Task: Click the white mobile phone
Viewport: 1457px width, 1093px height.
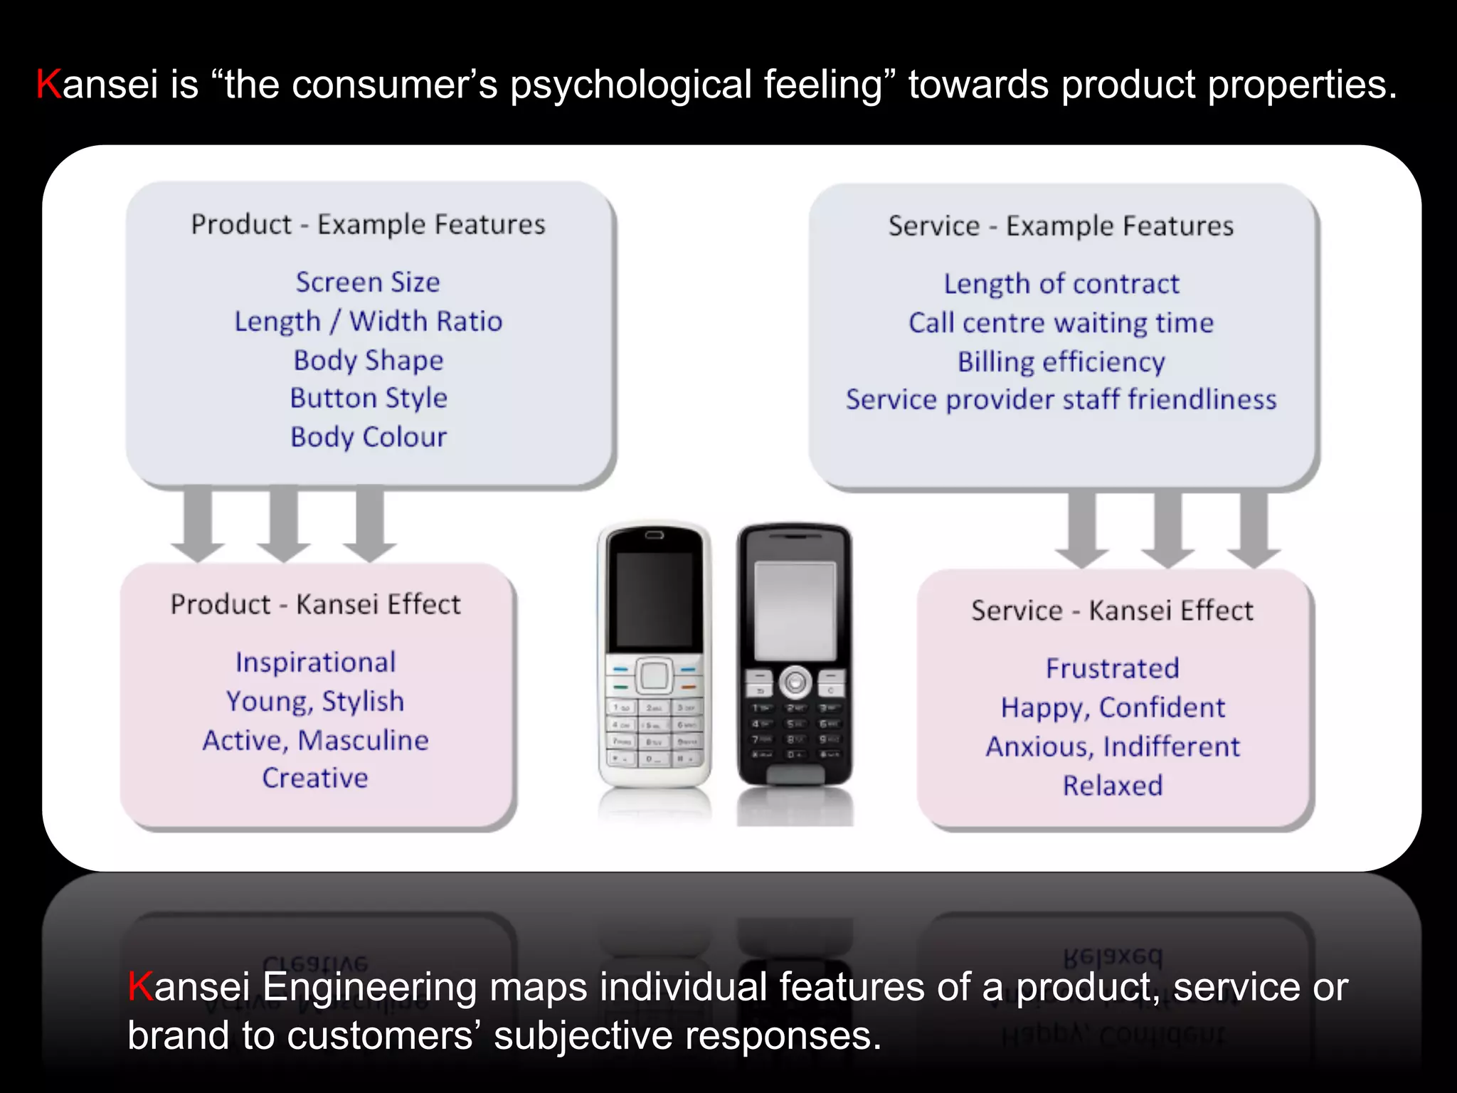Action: (x=654, y=655)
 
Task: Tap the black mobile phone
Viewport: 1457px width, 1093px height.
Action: (x=794, y=655)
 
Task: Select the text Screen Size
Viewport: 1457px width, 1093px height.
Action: (x=368, y=283)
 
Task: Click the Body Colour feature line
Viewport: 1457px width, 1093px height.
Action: (x=369, y=437)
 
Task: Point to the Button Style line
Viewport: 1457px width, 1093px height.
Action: (x=369, y=398)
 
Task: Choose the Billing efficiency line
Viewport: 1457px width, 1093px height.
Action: (x=1061, y=362)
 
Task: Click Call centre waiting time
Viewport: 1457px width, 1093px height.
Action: (x=1061, y=323)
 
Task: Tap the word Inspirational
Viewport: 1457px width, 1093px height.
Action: (x=315, y=662)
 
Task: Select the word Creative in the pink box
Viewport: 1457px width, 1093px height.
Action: (x=315, y=778)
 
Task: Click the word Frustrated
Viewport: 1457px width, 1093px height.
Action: (x=1113, y=669)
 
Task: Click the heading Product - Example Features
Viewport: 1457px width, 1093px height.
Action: (x=368, y=225)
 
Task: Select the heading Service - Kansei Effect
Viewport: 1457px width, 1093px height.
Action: (x=1112, y=611)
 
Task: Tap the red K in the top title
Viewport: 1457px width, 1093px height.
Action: (x=48, y=84)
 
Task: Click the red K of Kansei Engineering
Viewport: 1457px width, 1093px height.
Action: (x=140, y=987)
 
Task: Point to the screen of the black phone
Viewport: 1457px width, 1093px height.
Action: (x=795, y=611)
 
